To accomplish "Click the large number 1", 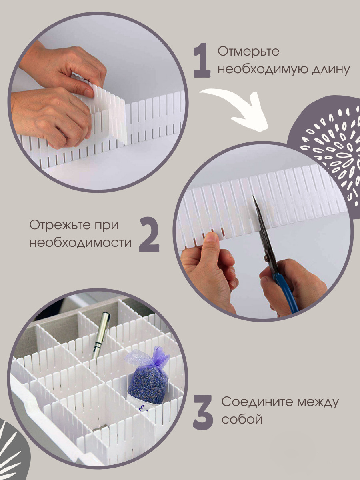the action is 202,60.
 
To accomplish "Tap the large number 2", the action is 149,234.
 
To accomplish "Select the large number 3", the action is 203,412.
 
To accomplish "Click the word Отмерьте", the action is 248,52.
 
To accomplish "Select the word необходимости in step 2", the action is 80,242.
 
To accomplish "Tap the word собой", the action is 242,420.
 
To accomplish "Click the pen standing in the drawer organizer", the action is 101,335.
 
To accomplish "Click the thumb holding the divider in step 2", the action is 210,242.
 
